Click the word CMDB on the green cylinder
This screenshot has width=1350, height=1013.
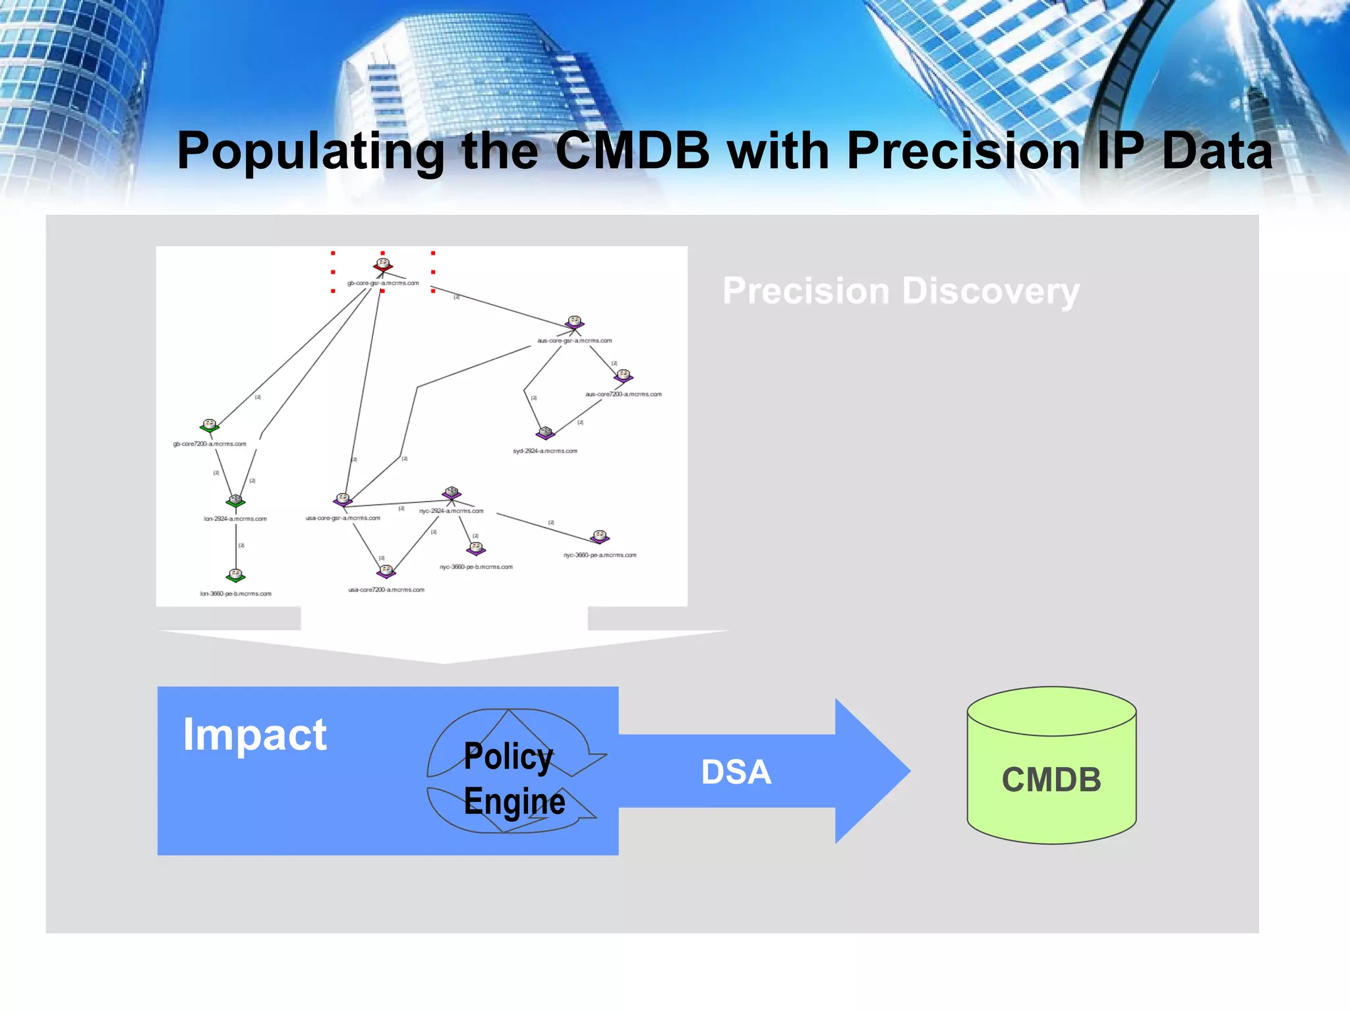[x=1051, y=780]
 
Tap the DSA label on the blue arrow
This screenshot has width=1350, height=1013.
[x=736, y=772]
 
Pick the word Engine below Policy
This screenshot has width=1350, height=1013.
[x=514, y=801]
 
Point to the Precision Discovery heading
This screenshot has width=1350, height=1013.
[x=901, y=291]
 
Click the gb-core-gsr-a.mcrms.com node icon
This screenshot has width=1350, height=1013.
[x=383, y=265]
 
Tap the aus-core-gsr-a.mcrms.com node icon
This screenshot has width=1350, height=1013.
[x=575, y=322]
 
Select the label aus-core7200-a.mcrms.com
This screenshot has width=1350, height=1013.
[x=623, y=394]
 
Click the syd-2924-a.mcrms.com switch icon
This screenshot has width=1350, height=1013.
[x=546, y=433]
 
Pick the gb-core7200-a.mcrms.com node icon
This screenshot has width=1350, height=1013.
[x=210, y=425]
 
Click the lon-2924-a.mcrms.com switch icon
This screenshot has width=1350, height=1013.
[x=235, y=501]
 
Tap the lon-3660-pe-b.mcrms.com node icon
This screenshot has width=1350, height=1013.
[x=235, y=576]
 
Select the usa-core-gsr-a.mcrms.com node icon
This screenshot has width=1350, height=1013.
[x=343, y=499]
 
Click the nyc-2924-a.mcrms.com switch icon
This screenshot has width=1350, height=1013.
[x=452, y=493]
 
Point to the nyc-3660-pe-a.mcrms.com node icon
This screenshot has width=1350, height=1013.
[x=600, y=536]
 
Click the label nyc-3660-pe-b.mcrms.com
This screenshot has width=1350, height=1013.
[x=476, y=567]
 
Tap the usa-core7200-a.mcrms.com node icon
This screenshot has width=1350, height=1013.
[x=386, y=571]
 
